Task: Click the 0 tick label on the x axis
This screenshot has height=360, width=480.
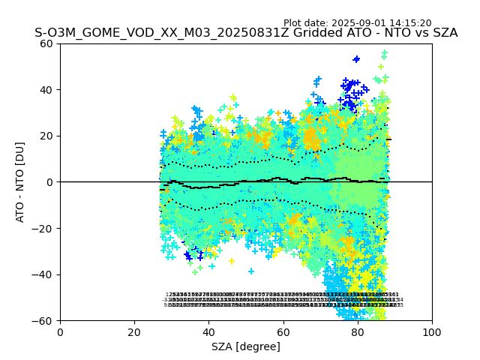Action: [x=60, y=331]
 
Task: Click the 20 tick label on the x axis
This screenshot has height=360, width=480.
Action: [x=134, y=331]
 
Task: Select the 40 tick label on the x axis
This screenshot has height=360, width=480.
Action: [x=208, y=331]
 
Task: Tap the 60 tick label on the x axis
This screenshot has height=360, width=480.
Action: [x=283, y=331]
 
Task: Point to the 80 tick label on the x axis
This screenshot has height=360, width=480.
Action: [x=357, y=331]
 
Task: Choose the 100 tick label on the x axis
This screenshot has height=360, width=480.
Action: [x=431, y=331]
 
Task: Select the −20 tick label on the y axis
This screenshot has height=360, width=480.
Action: [x=45, y=228]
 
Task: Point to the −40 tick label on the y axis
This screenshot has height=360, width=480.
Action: [x=45, y=274]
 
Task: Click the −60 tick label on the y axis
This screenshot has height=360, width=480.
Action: [x=45, y=320]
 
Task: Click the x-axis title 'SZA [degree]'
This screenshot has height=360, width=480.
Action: [x=246, y=346]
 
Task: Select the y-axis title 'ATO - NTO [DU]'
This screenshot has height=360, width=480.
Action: [x=21, y=182]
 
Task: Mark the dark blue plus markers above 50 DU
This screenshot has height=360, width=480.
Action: [x=356, y=58]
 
